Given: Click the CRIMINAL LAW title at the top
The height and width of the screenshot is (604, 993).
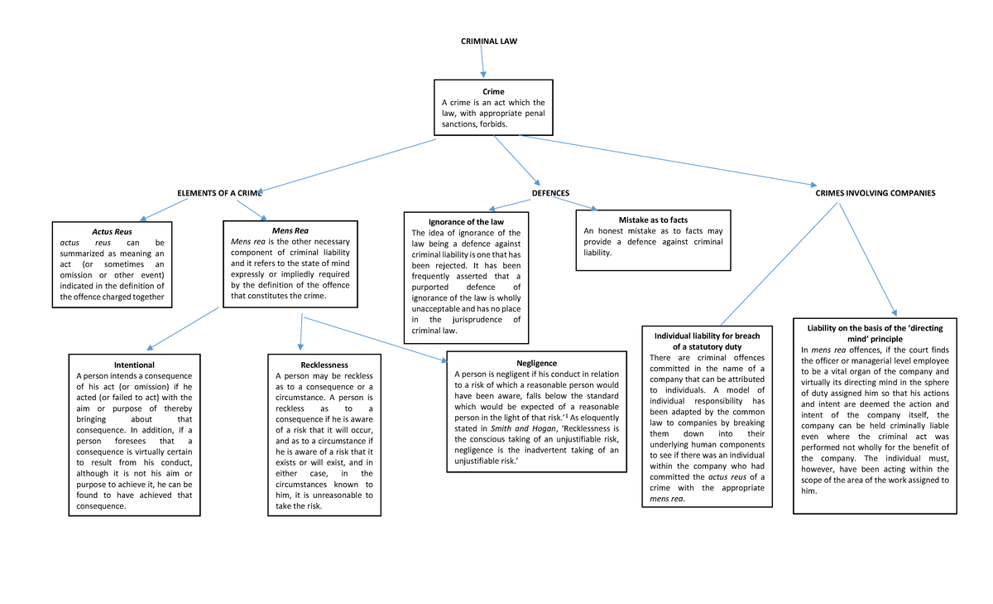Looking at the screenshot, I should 488,41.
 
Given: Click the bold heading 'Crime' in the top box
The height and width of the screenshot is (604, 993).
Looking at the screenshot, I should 494,91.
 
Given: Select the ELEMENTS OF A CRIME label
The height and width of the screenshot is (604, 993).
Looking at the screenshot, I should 219,193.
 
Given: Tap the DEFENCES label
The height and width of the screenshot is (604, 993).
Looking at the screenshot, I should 550,193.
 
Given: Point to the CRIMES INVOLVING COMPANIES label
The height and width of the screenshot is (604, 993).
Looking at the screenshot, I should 875,193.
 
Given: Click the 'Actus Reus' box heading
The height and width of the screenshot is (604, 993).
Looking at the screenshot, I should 112,230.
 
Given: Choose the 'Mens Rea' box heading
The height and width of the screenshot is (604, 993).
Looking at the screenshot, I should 290,230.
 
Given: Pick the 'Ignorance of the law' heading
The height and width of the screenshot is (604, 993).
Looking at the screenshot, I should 466,222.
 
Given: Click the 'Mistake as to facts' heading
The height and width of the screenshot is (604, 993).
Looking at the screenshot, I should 653,220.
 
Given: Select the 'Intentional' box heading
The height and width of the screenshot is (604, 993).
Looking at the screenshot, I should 134,365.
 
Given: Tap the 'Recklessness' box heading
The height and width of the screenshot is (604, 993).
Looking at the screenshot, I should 324,365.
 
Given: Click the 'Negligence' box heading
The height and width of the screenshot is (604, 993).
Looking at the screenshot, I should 536,363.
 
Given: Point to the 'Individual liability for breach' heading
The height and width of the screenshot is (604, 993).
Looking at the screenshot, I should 707,336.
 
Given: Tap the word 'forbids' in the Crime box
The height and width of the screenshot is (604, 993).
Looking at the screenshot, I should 501,123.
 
